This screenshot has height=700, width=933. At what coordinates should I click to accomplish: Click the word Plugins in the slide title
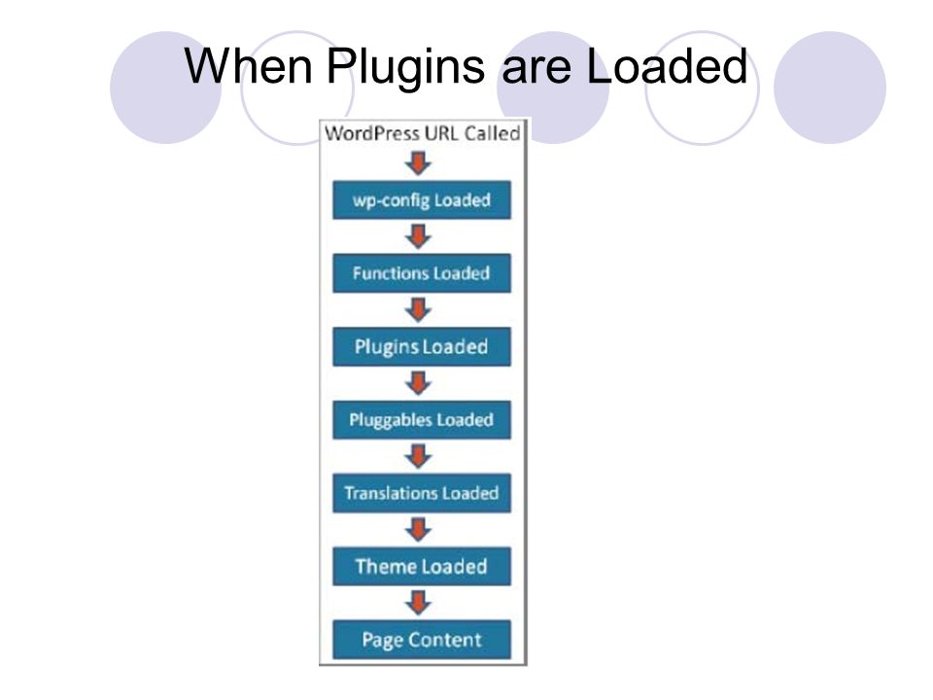click(x=405, y=68)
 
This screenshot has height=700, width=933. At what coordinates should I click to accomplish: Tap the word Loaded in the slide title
click(x=667, y=65)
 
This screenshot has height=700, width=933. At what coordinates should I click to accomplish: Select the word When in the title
click(x=248, y=65)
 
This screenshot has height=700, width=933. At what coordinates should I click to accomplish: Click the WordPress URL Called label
click(x=423, y=133)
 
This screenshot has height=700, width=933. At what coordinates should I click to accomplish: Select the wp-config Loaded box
click(x=422, y=200)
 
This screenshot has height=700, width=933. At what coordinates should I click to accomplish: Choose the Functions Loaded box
click(x=422, y=273)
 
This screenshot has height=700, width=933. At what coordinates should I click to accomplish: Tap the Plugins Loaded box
click(x=422, y=346)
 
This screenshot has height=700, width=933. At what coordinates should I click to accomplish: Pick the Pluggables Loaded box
click(x=422, y=420)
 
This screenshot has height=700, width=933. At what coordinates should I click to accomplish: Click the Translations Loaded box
click(x=422, y=493)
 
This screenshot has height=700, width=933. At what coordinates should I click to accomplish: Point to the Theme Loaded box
click(x=422, y=566)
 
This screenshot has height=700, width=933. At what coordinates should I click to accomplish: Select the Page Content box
click(x=422, y=640)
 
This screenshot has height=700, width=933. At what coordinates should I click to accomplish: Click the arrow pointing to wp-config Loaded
click(x=418, y=163)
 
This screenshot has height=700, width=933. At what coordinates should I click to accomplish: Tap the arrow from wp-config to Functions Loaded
click(x=418, y=236)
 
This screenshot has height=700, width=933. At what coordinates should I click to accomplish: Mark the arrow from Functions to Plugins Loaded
click(x=418, y=309)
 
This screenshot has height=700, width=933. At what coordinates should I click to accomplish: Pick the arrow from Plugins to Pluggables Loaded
click(x=418, y=383)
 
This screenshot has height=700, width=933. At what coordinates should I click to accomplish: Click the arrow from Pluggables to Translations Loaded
click(x=418, y=456)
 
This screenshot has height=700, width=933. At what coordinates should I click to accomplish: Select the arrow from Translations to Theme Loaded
click(x=418, y=529)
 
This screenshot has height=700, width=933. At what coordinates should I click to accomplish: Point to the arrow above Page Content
click(x=418, y=603)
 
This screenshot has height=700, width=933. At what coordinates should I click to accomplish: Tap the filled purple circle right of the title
click(x=830, y=87)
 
